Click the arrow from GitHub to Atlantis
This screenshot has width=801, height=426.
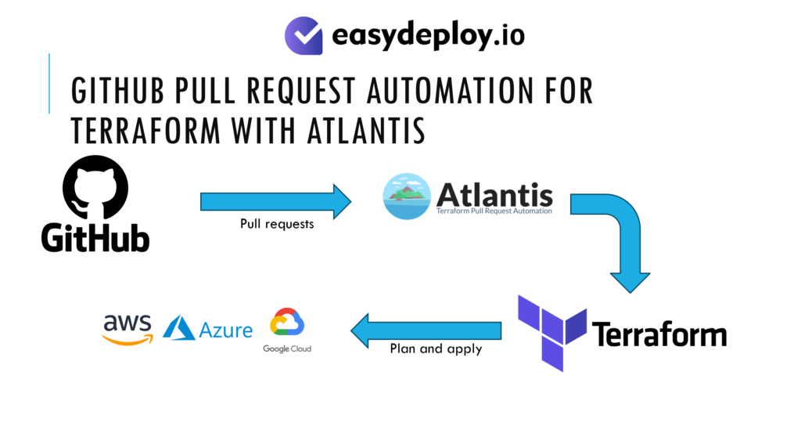coord(275,201)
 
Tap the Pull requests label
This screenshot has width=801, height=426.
coord(276,224)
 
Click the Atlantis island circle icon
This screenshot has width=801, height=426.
coord(407,197)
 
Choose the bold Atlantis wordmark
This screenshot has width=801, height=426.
coord(494,193)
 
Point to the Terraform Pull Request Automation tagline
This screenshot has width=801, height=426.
coord(494,211)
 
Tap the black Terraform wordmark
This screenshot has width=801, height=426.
coord(659,334)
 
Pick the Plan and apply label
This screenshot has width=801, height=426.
coord(436,349)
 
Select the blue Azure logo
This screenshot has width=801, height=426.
coord(207,329)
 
